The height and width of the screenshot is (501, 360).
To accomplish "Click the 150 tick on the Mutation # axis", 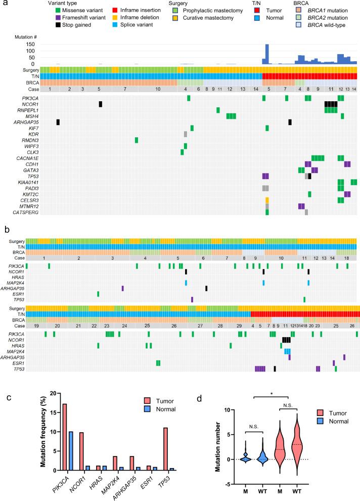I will tap(30, 45).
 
